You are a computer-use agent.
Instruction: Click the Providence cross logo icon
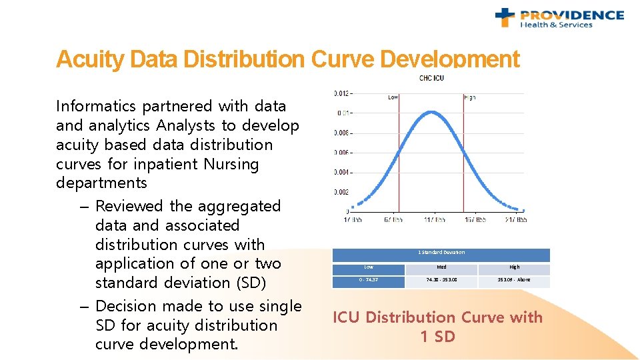coord(506,17)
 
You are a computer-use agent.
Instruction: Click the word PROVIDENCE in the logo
coord(572,15)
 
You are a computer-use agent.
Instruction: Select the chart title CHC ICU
coord(431,78)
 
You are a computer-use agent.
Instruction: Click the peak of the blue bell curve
coord(433,112)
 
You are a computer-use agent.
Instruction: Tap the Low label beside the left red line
coord(393,97)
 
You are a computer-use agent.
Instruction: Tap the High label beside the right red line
coord(469,97)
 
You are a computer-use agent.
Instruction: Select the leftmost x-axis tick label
coord(353,219)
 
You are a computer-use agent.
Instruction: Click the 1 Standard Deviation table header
coord(441,253)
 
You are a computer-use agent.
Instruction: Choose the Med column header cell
coord(441,267)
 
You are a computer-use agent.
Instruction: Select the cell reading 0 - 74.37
coord(369,280)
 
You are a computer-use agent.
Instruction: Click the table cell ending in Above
coord(514,280)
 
